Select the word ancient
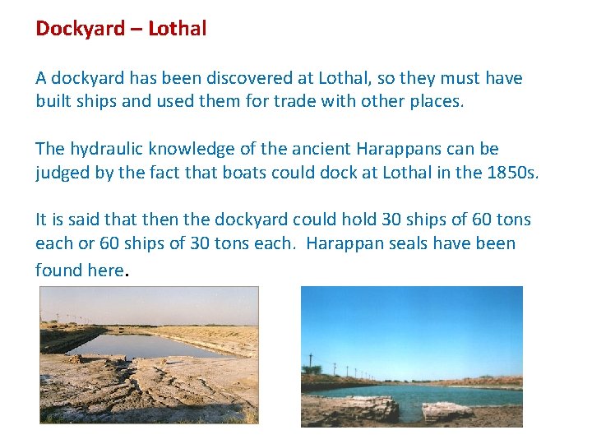click(321, 150)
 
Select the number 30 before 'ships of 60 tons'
click(391, 220)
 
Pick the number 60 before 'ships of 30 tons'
click(109, 244)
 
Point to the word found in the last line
click(58, 270)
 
